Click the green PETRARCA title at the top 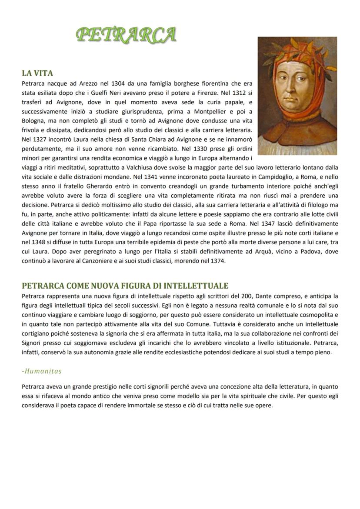click(126, 35)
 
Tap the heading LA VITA click(37, 73)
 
